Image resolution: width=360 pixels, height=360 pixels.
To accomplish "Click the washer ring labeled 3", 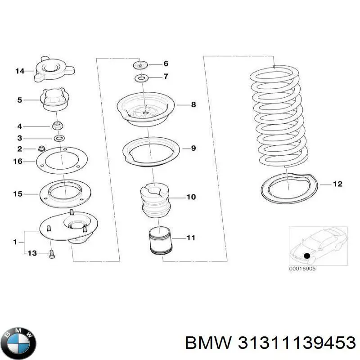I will pos(58,137).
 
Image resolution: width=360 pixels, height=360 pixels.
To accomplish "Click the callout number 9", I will pos(193,147).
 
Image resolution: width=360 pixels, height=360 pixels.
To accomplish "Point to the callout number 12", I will pos(337,184).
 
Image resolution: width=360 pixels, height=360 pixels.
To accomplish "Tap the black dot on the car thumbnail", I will pos(307,256).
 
